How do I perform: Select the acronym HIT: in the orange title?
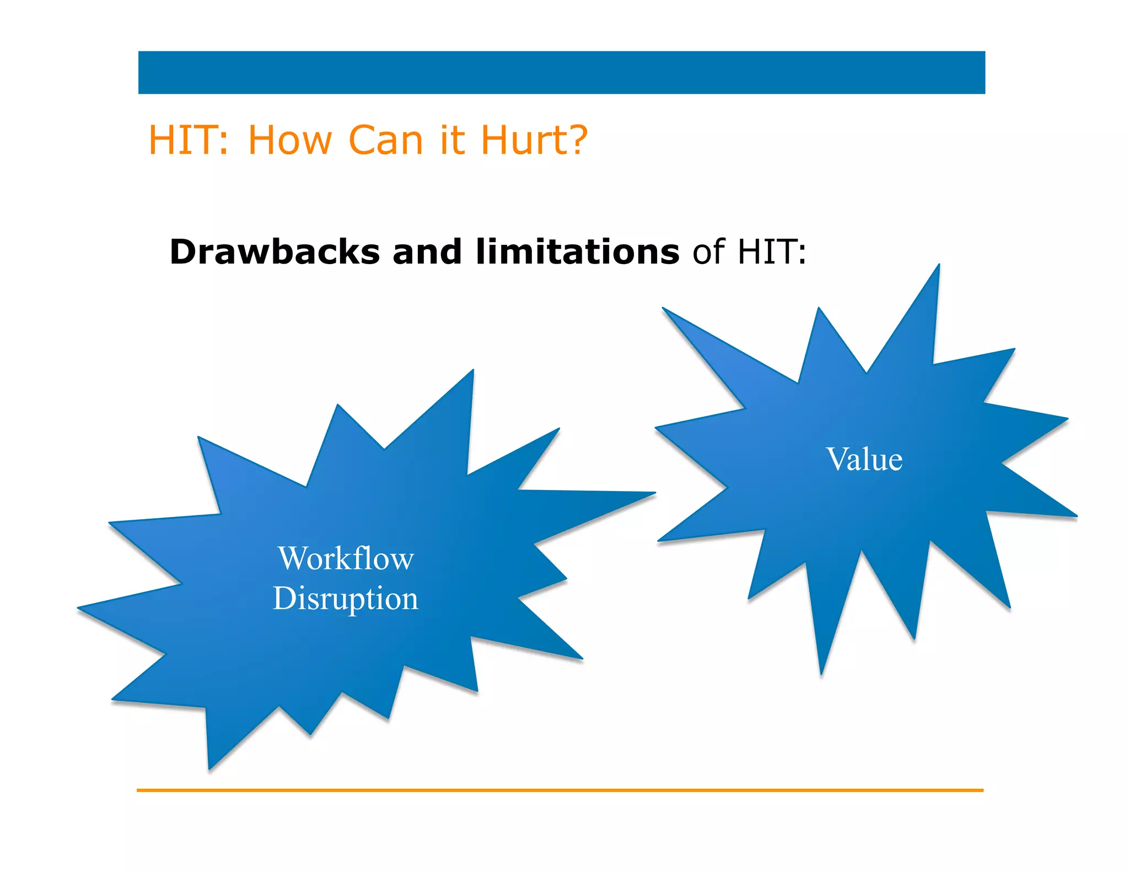pyautogui.click(x=188, y=140)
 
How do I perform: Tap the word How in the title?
pyautogui.click(x=290, y=140)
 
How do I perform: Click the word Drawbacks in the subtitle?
pyautogui.click(x=275, y=252)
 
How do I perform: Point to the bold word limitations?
pyautogui.click(x=577, y=252)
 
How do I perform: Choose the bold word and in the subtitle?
pyautogui.click(x=427, y=252)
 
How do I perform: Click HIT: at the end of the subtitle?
pyautogui.click(x=772, y=252)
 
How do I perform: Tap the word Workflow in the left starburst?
pyautogui.click(x=346, y=558)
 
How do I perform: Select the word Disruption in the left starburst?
pyautogui.click(x=346, y=598)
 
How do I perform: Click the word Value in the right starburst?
pyautogui.click(x=864, y=459)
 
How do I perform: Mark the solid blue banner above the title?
pyautogui.click(x=561, y=72)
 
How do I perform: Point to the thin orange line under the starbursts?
pyautogui.click(x=560, y=790)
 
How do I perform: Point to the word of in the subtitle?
pyautogui.click(x=708, y=252)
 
